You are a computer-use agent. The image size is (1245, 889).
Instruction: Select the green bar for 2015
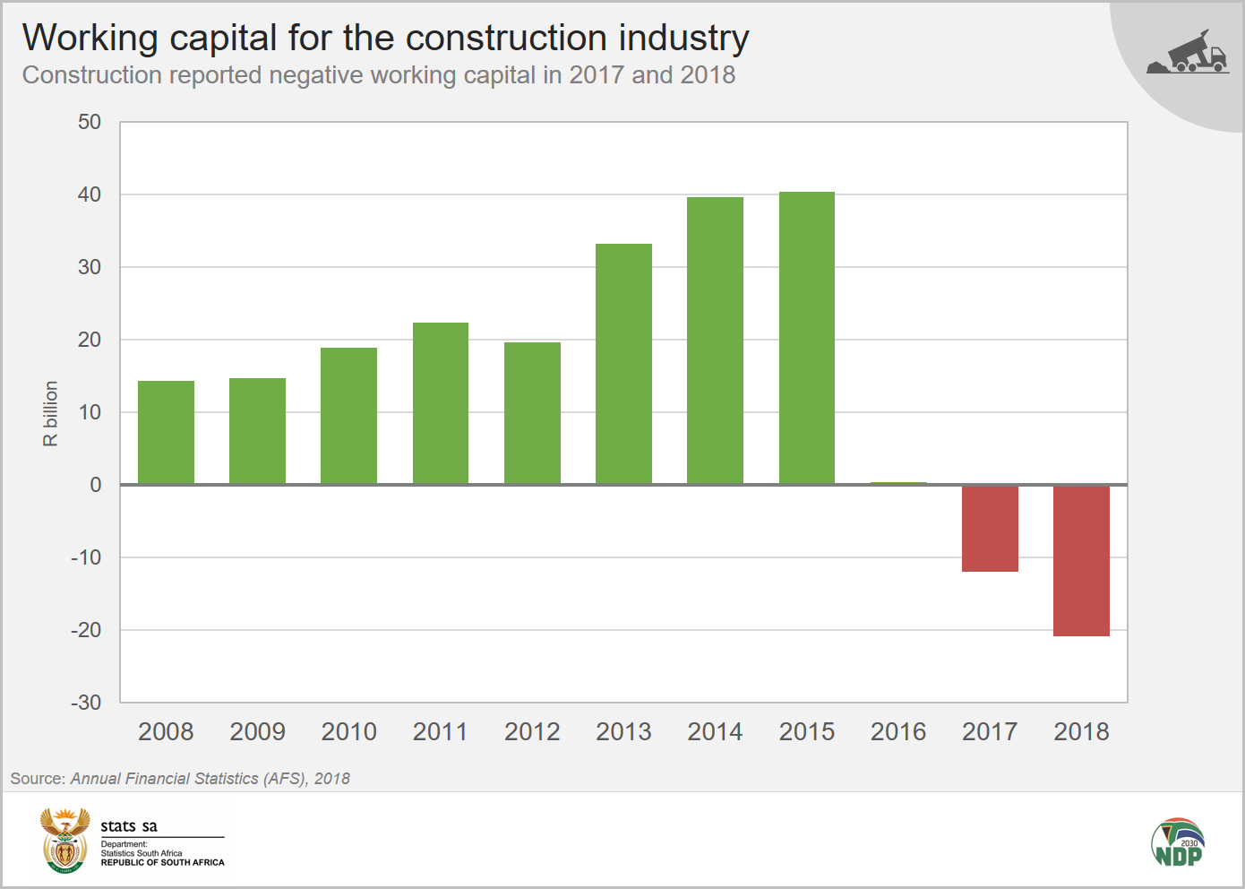[806, 338]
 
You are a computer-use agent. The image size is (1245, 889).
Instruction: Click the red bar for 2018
[1081, 561]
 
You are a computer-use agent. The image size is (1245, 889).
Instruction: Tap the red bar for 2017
[990, 529]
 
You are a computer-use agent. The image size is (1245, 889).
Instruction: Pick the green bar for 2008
[166, 433]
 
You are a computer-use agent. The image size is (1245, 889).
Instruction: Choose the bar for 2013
[623, 364]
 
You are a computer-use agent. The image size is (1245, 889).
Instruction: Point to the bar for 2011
[440, 403]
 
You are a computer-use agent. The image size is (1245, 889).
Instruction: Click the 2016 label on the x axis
[897, 732]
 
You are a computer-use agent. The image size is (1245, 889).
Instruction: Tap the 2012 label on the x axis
[532, 732]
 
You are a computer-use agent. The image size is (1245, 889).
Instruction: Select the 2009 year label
[257, 732]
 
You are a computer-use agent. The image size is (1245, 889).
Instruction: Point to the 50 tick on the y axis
[90, 122]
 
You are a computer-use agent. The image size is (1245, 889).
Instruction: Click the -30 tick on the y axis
[86, 703]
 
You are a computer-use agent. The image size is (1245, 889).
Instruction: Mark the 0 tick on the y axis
[95, 485]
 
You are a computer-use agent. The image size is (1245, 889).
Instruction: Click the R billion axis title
[50, 413]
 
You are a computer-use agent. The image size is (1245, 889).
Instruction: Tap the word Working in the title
[90, 38]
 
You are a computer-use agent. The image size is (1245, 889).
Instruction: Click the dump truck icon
[1189, 53]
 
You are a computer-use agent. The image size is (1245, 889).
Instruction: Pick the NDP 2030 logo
[1177, 842]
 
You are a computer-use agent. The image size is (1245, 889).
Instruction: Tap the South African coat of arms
[65, 841]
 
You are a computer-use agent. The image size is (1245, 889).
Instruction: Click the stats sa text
[129, 826]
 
